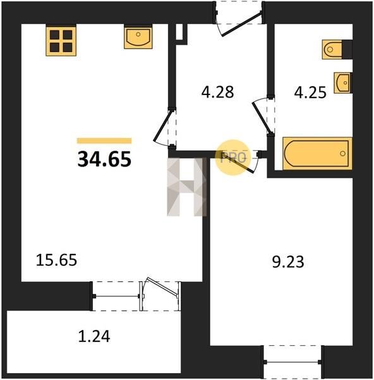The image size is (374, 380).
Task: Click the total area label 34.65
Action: pyautogui.click(x=104, y=159)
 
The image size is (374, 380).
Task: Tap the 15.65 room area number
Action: pyautogui.click(x=56, y=260)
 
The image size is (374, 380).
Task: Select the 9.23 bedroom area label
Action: pyautogui.click(x=288, y=262)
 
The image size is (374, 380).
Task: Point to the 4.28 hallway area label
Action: pyautogui.click(x=217, y=92)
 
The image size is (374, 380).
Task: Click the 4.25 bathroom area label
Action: pyautogui.click(x=310, y=92)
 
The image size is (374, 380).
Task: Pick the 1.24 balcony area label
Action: pyautogui.click(x=94, y=336)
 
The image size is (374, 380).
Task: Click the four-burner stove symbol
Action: pyautogui.click(x=61, y=41)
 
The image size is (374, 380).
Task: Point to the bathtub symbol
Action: pyautogui.click(x=317, y=153)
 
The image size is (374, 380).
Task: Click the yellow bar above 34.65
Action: pyautogui.click(x=104, y=141)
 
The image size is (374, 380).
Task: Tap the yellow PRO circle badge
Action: pyautogui.click(x=232, y=158)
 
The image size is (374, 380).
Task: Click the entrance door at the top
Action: pyautogui.click(x=241, y=24)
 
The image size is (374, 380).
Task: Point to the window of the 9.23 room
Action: pyautogui.click(x=293, y=362)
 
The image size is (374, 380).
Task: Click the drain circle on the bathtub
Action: pyautogui.click(x=342, y=153)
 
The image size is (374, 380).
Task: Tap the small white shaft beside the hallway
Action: pyautogui.click(x=179, y=32)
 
